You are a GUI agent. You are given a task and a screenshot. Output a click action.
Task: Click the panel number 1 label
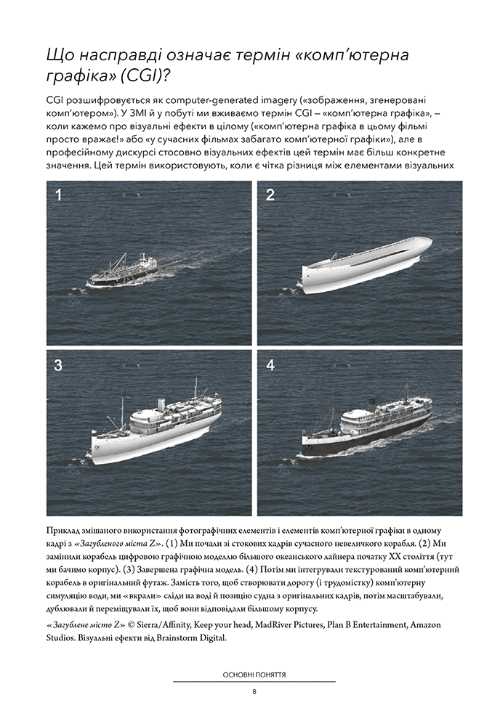pyautogui.click(x=58, y=194)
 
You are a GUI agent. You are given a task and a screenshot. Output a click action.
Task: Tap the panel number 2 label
pyautogui.click(x=270, y=194)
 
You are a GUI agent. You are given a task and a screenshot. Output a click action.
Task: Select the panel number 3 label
pyautogui.click(x=58, y=365)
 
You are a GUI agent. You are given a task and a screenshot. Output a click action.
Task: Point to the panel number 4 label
pyautogui.click(x=270, y=365)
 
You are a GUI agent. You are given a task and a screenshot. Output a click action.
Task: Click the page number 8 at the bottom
pyautogui.click(x=254, y=690)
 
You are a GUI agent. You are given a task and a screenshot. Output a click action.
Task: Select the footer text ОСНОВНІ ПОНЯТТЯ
pyautogui.click(x=254, y=674)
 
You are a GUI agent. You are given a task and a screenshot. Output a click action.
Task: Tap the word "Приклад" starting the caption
pyautogui.click(x=65, y=531)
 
